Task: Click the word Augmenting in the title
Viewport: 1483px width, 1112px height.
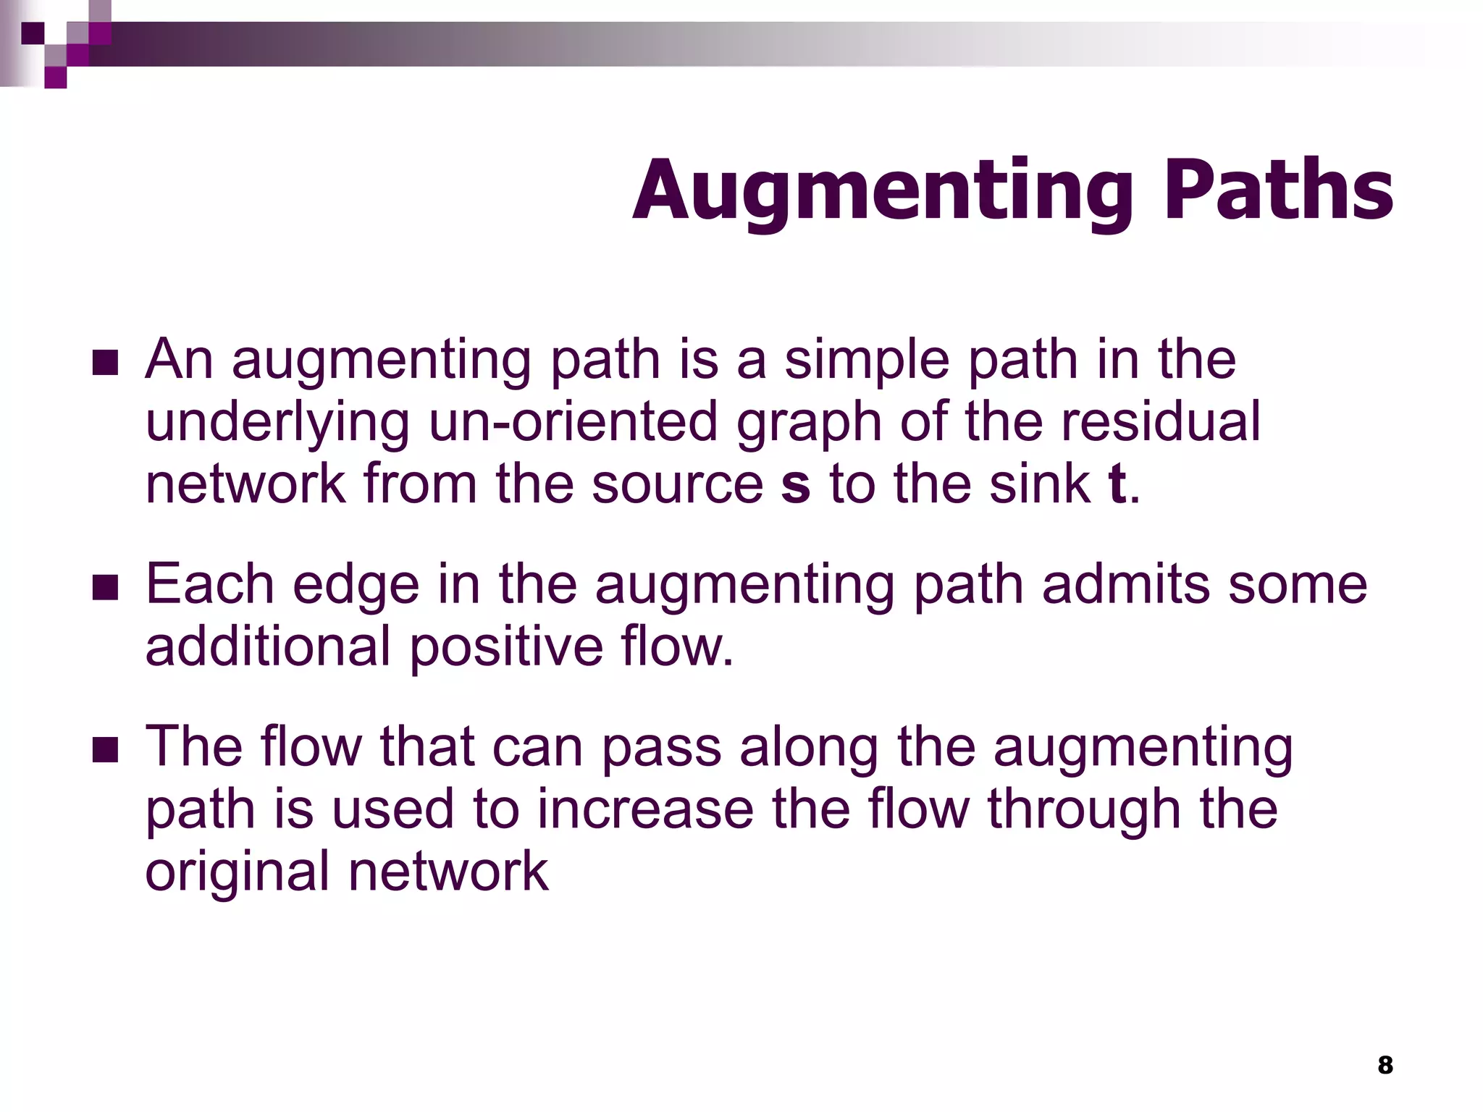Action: pos(883,191)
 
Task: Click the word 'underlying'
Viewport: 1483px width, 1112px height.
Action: pos(277,423)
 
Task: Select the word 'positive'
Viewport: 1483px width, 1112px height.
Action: pos(506,646)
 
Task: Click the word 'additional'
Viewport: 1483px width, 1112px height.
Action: pos(268,646)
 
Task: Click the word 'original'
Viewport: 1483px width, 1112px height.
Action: pos(238,872)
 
